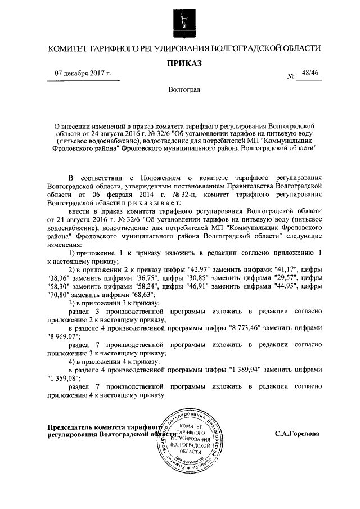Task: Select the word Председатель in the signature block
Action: coord(74,426)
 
